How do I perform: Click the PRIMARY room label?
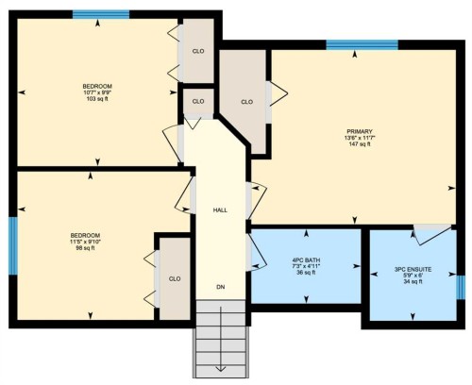point(359,131)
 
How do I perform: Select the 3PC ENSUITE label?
point(413,269)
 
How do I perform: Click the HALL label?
point(220,209)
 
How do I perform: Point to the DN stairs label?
point(220,286)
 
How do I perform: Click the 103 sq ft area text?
point(97,99)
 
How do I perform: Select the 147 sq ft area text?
point(359,145)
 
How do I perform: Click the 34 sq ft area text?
point(413,282)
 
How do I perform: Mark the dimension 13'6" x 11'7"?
point(359,139)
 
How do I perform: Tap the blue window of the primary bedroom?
point(362,44)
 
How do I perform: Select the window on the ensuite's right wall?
point(461,286)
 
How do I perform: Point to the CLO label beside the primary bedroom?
point(247,102)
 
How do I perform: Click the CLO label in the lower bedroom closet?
point(175,279)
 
